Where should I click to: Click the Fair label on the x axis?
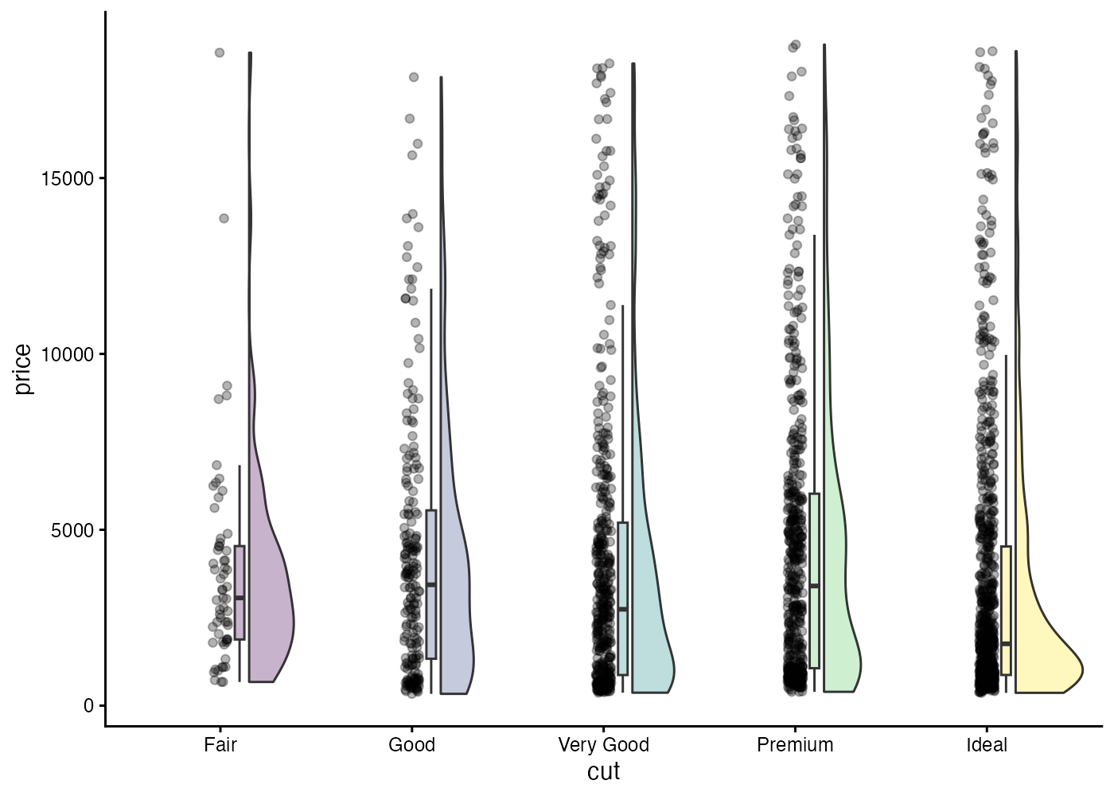(220, 745)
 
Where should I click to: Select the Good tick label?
(411, 745)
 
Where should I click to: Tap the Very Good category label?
(603, 745)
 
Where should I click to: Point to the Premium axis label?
(795, 745)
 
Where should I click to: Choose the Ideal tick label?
(987, 745)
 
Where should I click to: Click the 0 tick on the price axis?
(89, 706)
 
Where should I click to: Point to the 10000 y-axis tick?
(68, 354)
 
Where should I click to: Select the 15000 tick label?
(68, 178)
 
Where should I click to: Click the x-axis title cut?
(603, 771)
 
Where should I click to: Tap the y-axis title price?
(22, 369)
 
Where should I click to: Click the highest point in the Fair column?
(220, 53)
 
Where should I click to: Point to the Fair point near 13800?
(224, 218)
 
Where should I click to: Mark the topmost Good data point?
(414, 77)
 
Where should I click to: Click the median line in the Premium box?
(814, 586)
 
